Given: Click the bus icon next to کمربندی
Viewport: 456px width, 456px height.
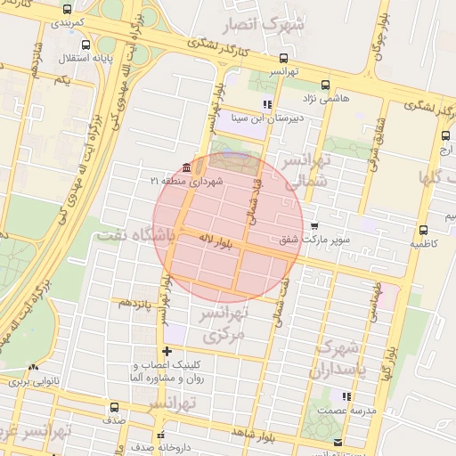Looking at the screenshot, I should click(68, 9).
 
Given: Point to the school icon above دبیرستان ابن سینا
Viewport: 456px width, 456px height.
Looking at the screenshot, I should click(266, 105).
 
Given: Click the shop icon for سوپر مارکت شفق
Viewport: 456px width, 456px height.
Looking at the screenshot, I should click(313, 226).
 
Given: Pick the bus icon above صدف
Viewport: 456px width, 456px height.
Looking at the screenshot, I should click(113, 407).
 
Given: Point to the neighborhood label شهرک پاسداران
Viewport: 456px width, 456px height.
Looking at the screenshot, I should click(336, 357).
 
